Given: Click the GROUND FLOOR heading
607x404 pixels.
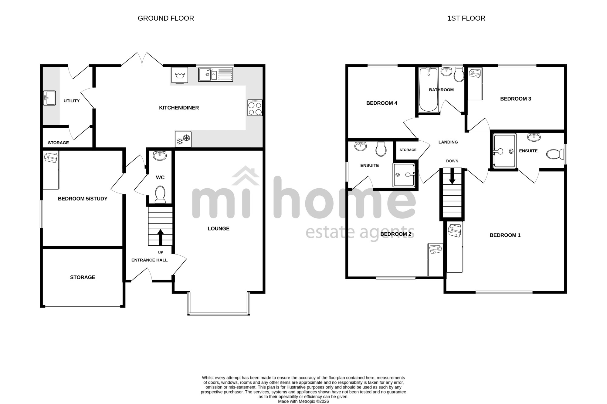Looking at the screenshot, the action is [166, 18].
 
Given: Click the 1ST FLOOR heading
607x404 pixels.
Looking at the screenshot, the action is [466, 18].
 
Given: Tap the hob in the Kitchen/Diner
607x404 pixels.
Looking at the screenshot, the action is [255, 108].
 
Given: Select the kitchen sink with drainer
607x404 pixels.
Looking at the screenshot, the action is [215, 75].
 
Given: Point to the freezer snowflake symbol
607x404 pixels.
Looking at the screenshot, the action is [183, 139].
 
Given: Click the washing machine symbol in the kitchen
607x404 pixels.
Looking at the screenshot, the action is [180, 75].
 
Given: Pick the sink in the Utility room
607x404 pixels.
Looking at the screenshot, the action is [49, 98].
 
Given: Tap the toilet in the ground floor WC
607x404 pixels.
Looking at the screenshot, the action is [160, 194].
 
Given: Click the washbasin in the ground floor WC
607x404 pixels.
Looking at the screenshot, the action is [160, 156].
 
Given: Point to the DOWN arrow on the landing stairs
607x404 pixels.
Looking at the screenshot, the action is [452, 176].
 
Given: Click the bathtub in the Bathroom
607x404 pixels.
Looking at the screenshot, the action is [428, 90].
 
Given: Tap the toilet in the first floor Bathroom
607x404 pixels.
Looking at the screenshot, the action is [459, 74].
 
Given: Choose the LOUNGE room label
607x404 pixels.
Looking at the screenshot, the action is [219, 229].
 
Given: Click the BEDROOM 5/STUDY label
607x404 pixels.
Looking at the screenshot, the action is [83, 199].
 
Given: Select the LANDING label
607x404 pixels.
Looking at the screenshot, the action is [448, 142].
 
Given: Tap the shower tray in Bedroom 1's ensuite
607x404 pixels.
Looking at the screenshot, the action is [505, 151].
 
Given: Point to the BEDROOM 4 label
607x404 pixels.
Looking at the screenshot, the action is [382, 103].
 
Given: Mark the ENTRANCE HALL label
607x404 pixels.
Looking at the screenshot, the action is [149, 260].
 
